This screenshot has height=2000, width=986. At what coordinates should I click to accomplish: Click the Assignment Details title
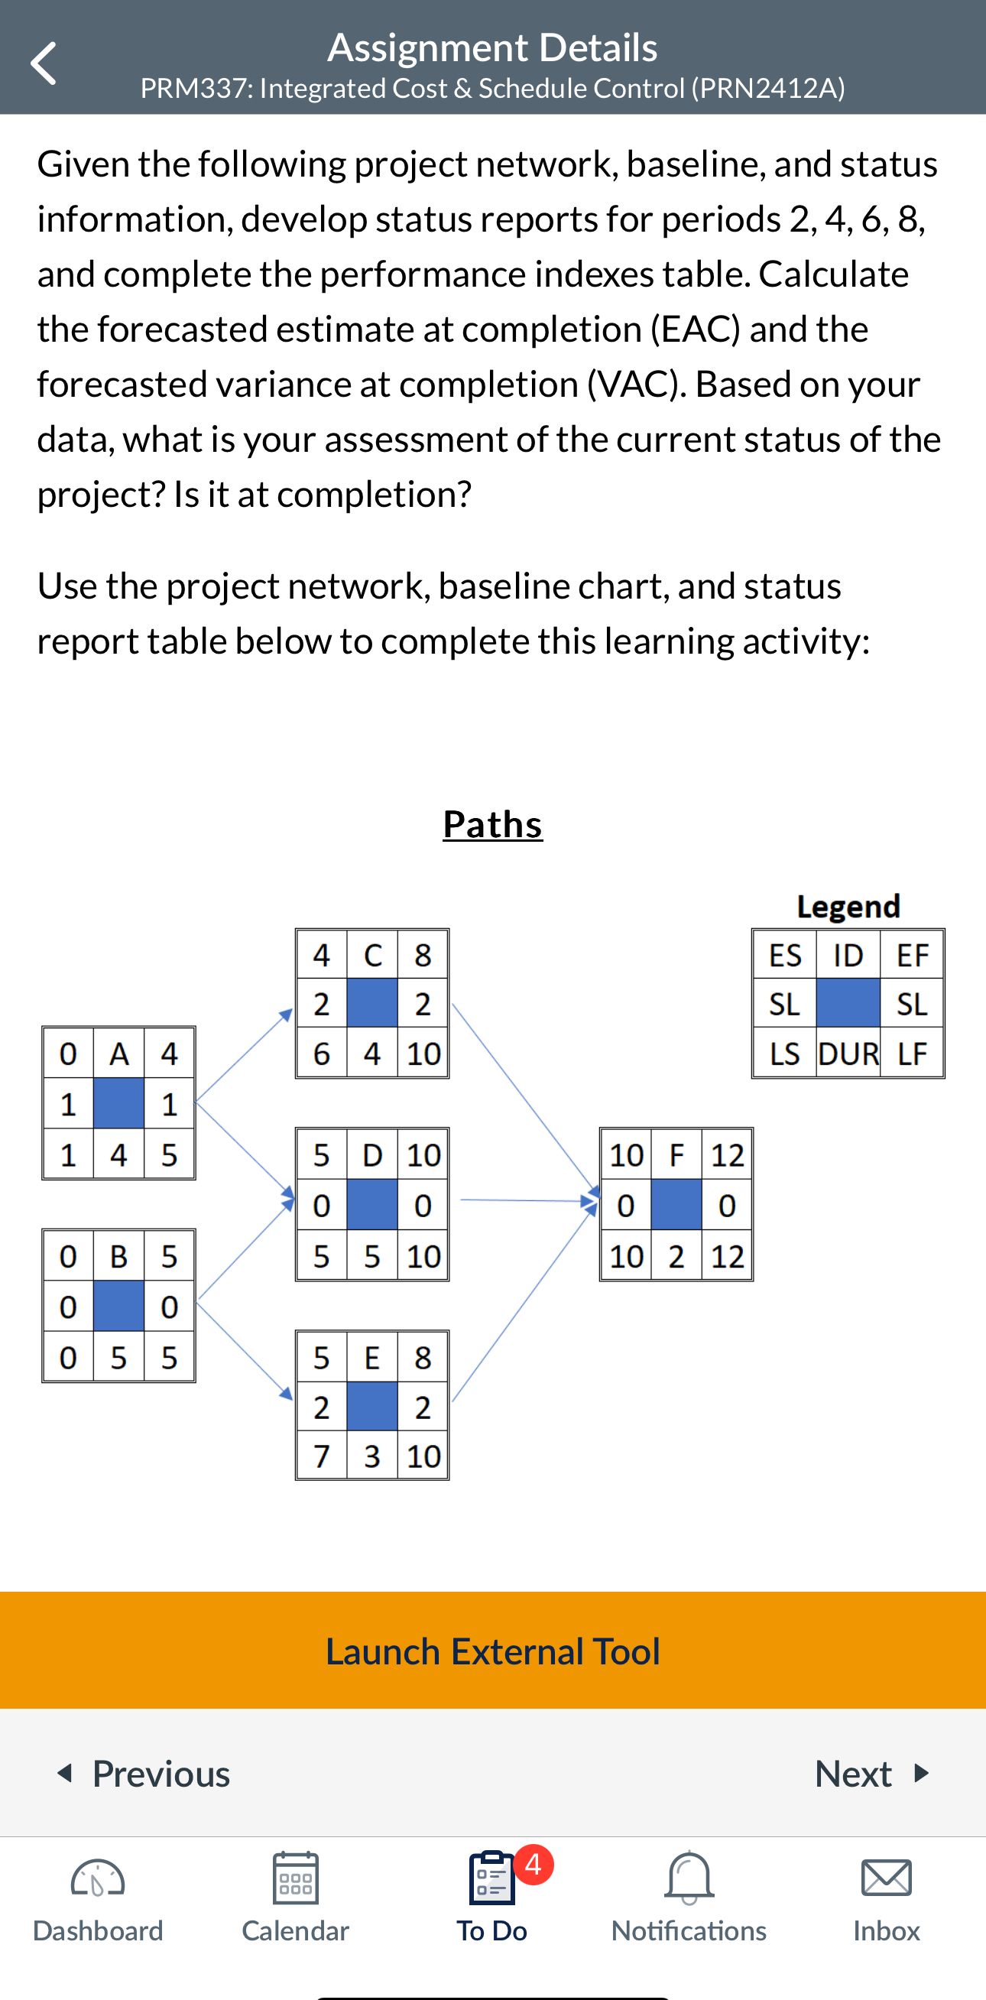click(x=492, y=47)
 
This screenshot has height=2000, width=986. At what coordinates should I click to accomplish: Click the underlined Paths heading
click(x=492, y=823)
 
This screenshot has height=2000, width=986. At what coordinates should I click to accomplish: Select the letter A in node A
click(x=118, y=1054)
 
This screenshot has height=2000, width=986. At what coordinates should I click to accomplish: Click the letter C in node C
click(x=373, y=955)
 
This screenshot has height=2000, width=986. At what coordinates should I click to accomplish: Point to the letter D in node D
click(x=373, y=1155)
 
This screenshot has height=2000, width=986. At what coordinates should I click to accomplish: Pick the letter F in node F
click(x=676, y=1155)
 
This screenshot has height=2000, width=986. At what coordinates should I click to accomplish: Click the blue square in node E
click(x=373, y=1407)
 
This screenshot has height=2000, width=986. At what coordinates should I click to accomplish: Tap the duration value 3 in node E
click(x=373, y=1456)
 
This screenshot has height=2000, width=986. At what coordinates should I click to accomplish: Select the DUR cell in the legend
click(x=848, y=1054)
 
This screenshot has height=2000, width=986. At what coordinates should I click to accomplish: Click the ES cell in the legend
click(x=785, y=955)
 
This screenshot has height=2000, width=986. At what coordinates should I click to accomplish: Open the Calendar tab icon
click(x=295, y=1878)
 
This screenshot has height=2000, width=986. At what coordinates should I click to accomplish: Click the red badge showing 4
click(x=534, y=1864)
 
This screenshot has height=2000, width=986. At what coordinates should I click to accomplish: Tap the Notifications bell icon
click(x=689, y=1878)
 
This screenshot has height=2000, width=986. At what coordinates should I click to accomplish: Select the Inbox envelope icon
click(x=886, y=1878)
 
